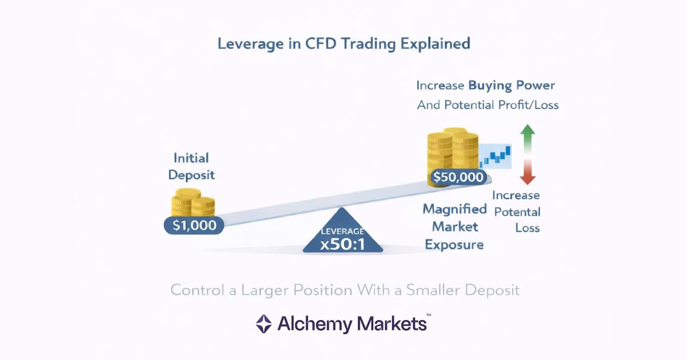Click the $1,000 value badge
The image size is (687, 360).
click(194, 225)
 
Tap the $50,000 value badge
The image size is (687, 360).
click(458, 177)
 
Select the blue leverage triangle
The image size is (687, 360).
click(342, 234)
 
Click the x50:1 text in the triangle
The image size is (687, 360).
click(342, 245)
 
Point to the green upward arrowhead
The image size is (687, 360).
click(527, 130)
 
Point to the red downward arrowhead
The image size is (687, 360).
click(527, 179)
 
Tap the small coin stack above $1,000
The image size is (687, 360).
click(193, 203)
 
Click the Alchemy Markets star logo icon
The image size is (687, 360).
click(264, 324)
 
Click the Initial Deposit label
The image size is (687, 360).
click(192, 166)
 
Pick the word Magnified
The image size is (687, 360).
click(455, 209)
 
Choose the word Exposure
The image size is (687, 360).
click(454, 245)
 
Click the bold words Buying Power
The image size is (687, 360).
click(511, 85)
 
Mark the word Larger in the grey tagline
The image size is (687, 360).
click(264, 290)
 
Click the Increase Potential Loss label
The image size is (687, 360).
click(517, 212)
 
